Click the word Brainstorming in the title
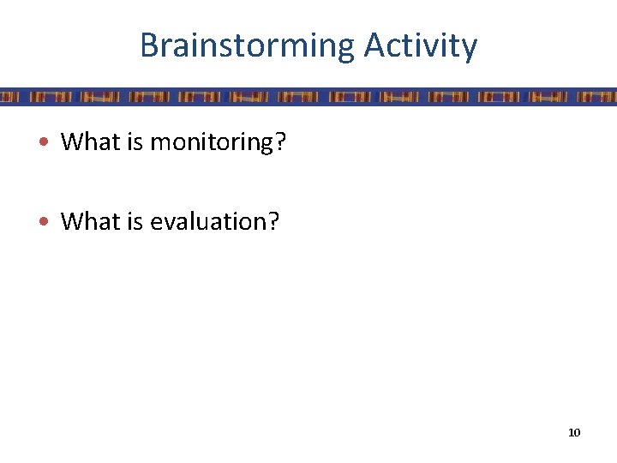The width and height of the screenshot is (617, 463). tap(247, 45)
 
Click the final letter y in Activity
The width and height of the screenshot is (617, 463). tap(469, 49)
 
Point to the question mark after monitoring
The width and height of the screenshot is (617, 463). tap(279, 141)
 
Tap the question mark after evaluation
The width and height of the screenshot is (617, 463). tap(273, 221)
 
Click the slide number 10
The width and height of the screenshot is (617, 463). tap(574, 432)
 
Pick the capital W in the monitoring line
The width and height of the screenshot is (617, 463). tap(71, 141)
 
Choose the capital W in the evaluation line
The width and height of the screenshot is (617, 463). tap(71, 221)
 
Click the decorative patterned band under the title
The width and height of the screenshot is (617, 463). tap(308, 96)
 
